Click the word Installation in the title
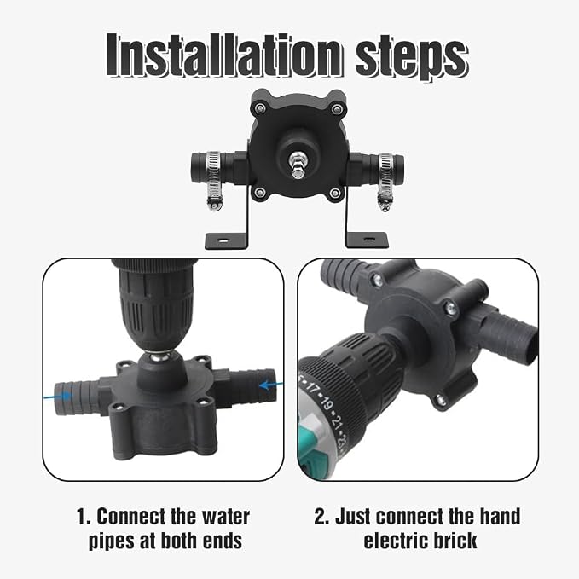click(223, 55)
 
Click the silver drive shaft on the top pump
click(298, 165)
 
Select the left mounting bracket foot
click(226, 240)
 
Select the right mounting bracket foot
click(367, 240)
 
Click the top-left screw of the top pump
click(260, 108)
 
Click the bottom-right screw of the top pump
click(335, 193)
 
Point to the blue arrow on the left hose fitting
click(58, 396)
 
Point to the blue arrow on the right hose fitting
click(271, 385)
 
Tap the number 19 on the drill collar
click(327, 403)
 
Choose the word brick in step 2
click(455, 541)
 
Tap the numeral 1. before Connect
click(84, 517)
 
